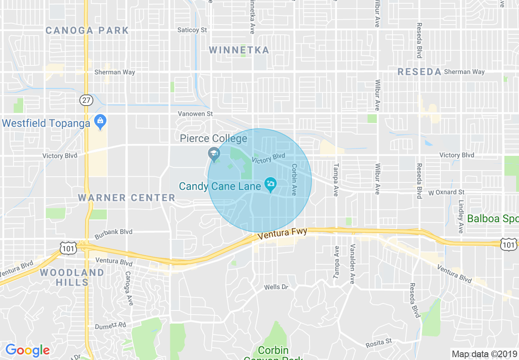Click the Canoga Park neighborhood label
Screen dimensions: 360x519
click(87, 31)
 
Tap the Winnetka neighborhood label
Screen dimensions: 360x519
click(239, 50)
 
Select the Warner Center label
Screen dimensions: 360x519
click(126, 198)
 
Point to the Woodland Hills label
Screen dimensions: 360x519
click(72, 277)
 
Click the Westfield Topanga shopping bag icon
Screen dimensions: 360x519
click(100, 122)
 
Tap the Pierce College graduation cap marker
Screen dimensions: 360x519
click(214, 154)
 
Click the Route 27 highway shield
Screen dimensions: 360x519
click(86, 100)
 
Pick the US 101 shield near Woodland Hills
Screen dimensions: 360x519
click(68, 248)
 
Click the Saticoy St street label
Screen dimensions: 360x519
click(192, 30)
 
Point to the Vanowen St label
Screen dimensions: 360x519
click(195, 114)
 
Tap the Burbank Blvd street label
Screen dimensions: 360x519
click(113, 232)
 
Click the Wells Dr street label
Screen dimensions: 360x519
click(276, 287)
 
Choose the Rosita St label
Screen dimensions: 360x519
click(379, 342)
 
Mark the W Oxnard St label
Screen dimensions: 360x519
click(446, 192)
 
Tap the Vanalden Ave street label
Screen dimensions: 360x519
click(352, 264)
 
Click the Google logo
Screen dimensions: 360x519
click(27, 350)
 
